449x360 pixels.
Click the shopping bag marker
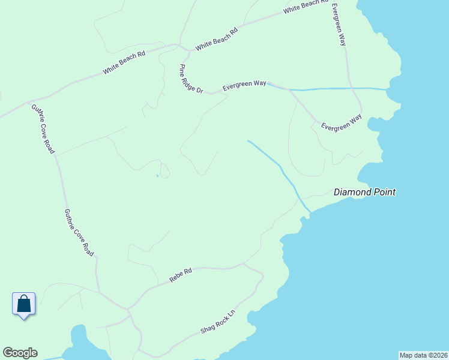click(23, 304)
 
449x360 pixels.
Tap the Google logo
click(20, 353)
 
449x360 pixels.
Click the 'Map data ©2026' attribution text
click(423, 355)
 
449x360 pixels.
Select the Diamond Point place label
click(364, 193)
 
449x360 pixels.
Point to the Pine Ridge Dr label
click(191, 79)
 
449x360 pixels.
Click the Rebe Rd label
click(180, 275)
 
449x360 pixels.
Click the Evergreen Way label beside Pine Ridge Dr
click(244, 86)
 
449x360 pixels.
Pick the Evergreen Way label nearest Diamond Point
click(342, 122)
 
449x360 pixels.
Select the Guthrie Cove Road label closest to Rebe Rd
click(79, 233)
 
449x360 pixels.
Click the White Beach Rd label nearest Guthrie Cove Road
click(124, 63)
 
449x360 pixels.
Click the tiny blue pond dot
click(157, 176)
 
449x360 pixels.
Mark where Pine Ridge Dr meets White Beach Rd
click(178, 46)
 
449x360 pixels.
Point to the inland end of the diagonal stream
click(249, 142)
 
